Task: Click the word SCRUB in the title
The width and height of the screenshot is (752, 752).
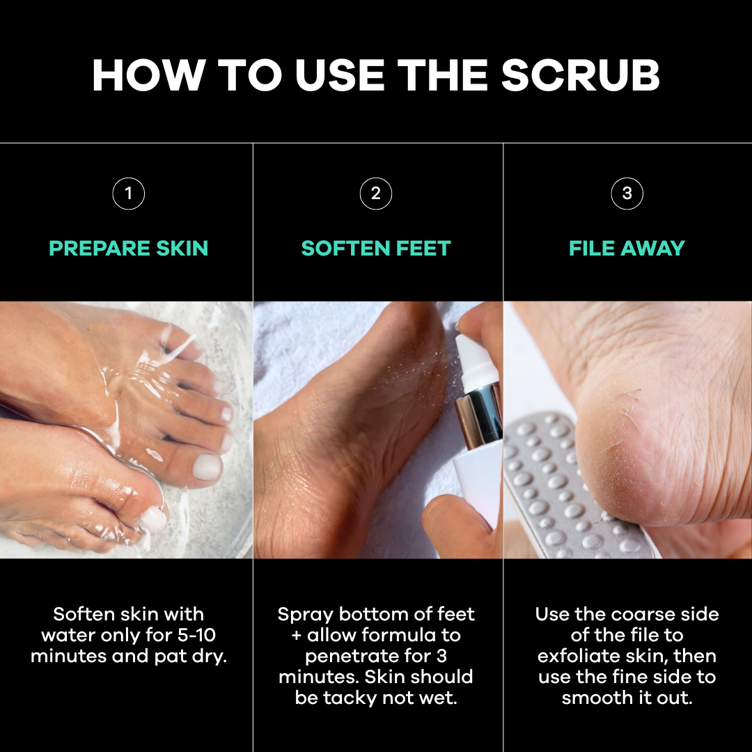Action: click(x=580, y=75)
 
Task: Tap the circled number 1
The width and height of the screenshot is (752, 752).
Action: click(x=129, y=194)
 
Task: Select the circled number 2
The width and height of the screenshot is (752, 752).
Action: click(x=376, y=194)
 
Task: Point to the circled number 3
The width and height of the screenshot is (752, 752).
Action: click(x=627, y=194)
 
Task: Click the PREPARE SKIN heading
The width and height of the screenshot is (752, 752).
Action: click(x=129, y=249)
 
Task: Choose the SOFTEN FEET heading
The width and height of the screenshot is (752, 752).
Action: click(x=376, y=249)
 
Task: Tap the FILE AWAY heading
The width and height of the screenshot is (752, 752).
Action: click(x=627, y=249)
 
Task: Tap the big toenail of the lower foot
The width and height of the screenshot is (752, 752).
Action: click(x=152, y=519)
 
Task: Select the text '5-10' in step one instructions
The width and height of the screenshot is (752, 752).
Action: click(x=196, y=635)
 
